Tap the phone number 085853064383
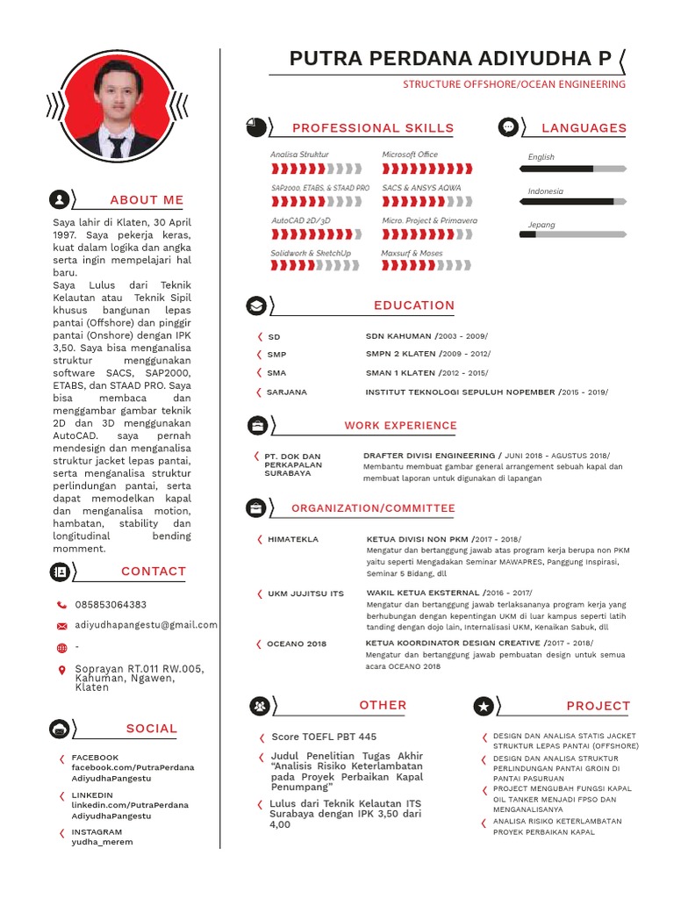[111, 605]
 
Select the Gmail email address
[147, 625]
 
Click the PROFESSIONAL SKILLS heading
[373, 128]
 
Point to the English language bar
[573, 168]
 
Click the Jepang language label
[541, 225]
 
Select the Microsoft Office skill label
[410, 155]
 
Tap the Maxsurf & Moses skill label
[412, 254]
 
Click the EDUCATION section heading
[414, 306]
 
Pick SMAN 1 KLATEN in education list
[400, 373]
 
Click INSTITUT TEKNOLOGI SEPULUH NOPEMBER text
[460, 392]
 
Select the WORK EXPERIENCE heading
[400, 426]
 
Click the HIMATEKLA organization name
[293, 539]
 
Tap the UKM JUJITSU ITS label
[305, 594]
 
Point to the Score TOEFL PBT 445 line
[324, 737]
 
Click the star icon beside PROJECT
[484, 705]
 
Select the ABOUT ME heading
[147, 200]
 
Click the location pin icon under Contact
[61, 671]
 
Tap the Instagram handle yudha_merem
[102, 842]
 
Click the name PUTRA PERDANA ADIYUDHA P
[450, 59]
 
